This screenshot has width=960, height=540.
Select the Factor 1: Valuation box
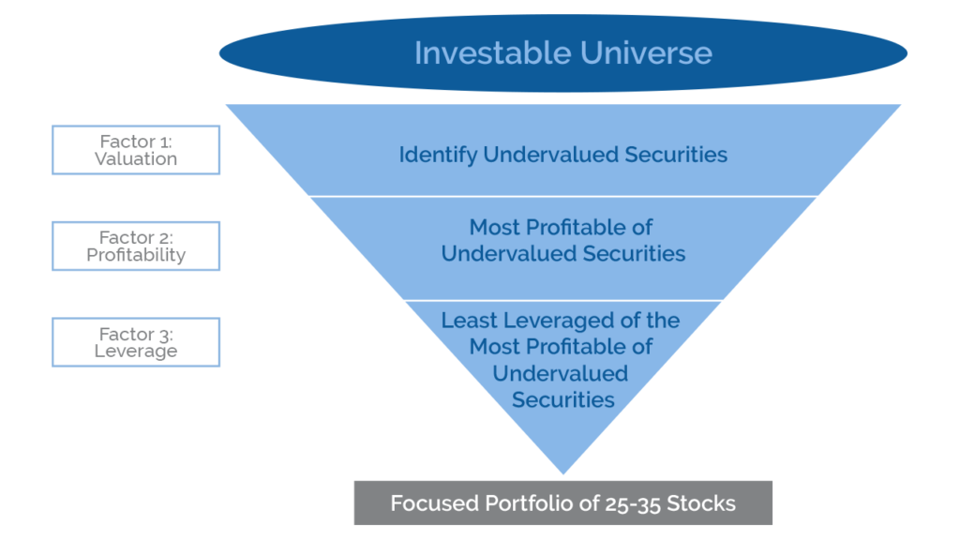[x=136, y=150]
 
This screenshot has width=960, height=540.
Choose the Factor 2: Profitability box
[x=136, y=247]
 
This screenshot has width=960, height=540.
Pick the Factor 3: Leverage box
[x=136, y=342]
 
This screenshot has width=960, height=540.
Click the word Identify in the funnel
[x=438, y=155]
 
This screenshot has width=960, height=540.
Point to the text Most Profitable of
[x=561, y=228]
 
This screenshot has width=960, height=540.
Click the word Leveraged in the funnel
[x=560, y=321]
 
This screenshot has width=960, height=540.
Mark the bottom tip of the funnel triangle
[x=562, y=473]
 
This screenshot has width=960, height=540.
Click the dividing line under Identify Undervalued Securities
[x=562, y=196]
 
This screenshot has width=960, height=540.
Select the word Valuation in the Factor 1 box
[x=136, y=159]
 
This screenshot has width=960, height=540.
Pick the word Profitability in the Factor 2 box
[x=136, y=255]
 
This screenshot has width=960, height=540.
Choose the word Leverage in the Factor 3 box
[x=136, y=352]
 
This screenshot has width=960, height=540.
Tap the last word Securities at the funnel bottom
[x=562, y=400]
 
